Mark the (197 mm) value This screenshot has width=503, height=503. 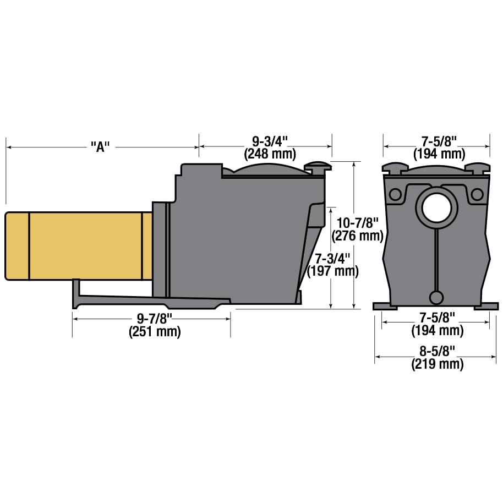point(332,271)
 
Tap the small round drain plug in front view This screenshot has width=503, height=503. point(436,297)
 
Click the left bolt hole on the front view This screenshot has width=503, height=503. point(395,194)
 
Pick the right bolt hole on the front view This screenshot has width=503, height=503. point(477,194)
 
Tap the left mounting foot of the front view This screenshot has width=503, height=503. point(381,306)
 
